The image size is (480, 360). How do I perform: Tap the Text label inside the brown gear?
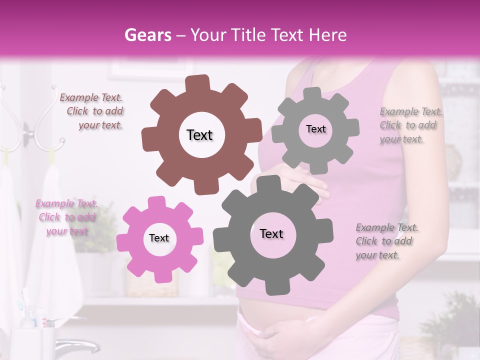click(199, 135)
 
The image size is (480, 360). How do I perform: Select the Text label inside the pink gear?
click(159, 238)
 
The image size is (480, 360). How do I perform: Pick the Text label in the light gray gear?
click(315, 129)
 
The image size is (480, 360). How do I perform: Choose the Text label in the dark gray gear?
click(271, 233)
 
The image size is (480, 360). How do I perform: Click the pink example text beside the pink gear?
click(66, 217)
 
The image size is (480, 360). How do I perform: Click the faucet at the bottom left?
click(75, 344)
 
